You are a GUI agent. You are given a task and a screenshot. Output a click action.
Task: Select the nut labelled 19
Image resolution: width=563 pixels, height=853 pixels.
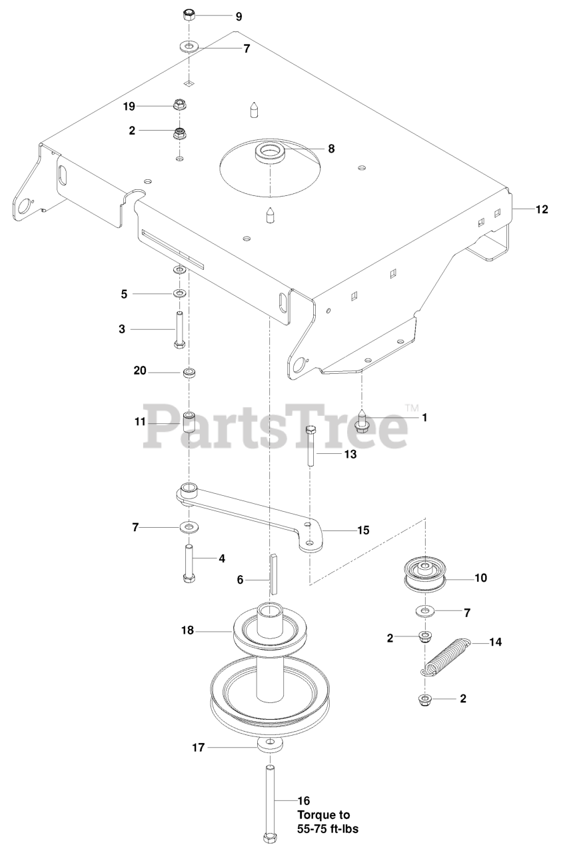179,105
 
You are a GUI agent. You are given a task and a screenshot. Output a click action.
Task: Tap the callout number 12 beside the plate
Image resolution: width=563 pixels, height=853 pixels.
542,209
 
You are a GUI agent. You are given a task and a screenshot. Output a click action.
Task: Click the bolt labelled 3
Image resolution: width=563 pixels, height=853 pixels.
180,329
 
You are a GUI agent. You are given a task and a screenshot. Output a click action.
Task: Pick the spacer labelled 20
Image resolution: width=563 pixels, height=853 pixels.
189,371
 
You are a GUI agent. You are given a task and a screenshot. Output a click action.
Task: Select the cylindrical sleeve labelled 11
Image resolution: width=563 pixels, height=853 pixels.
189,423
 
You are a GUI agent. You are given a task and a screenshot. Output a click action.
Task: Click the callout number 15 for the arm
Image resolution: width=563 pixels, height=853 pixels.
363,530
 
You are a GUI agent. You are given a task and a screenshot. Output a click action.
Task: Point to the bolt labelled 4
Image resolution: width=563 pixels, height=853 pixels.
189,563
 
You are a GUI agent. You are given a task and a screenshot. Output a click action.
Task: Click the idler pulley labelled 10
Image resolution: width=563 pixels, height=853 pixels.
424,575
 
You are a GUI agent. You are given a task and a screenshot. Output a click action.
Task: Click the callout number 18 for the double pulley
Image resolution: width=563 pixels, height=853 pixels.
188,630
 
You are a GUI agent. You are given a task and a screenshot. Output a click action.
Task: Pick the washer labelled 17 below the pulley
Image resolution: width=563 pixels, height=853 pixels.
270,744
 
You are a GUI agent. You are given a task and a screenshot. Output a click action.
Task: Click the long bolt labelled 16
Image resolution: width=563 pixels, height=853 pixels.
270,800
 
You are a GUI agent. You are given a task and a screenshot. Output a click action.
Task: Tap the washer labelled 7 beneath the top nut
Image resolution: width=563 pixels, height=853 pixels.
189,48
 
